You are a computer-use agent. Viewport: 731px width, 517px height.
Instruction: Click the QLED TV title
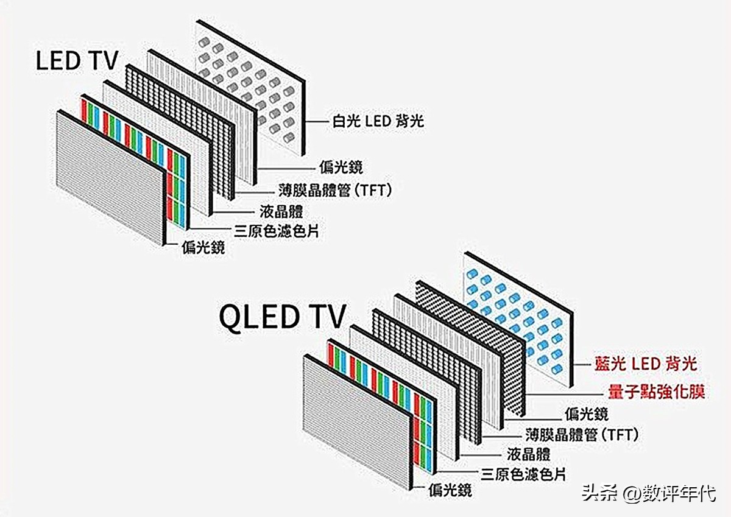(281, 317)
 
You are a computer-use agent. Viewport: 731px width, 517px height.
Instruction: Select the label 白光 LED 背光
(377, 122)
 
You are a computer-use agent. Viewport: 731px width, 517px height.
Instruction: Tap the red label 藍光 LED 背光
(645, 364)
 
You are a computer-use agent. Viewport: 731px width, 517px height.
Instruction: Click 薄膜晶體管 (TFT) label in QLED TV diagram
(582, 434)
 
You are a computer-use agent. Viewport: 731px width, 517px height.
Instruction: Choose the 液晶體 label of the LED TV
(281, 212)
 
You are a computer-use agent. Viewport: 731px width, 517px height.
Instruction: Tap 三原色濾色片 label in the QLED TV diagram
(524, 474)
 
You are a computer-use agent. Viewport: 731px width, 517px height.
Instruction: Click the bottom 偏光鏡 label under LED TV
(203, 248)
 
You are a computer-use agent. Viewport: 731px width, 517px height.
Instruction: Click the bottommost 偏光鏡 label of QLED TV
(450, 490)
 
